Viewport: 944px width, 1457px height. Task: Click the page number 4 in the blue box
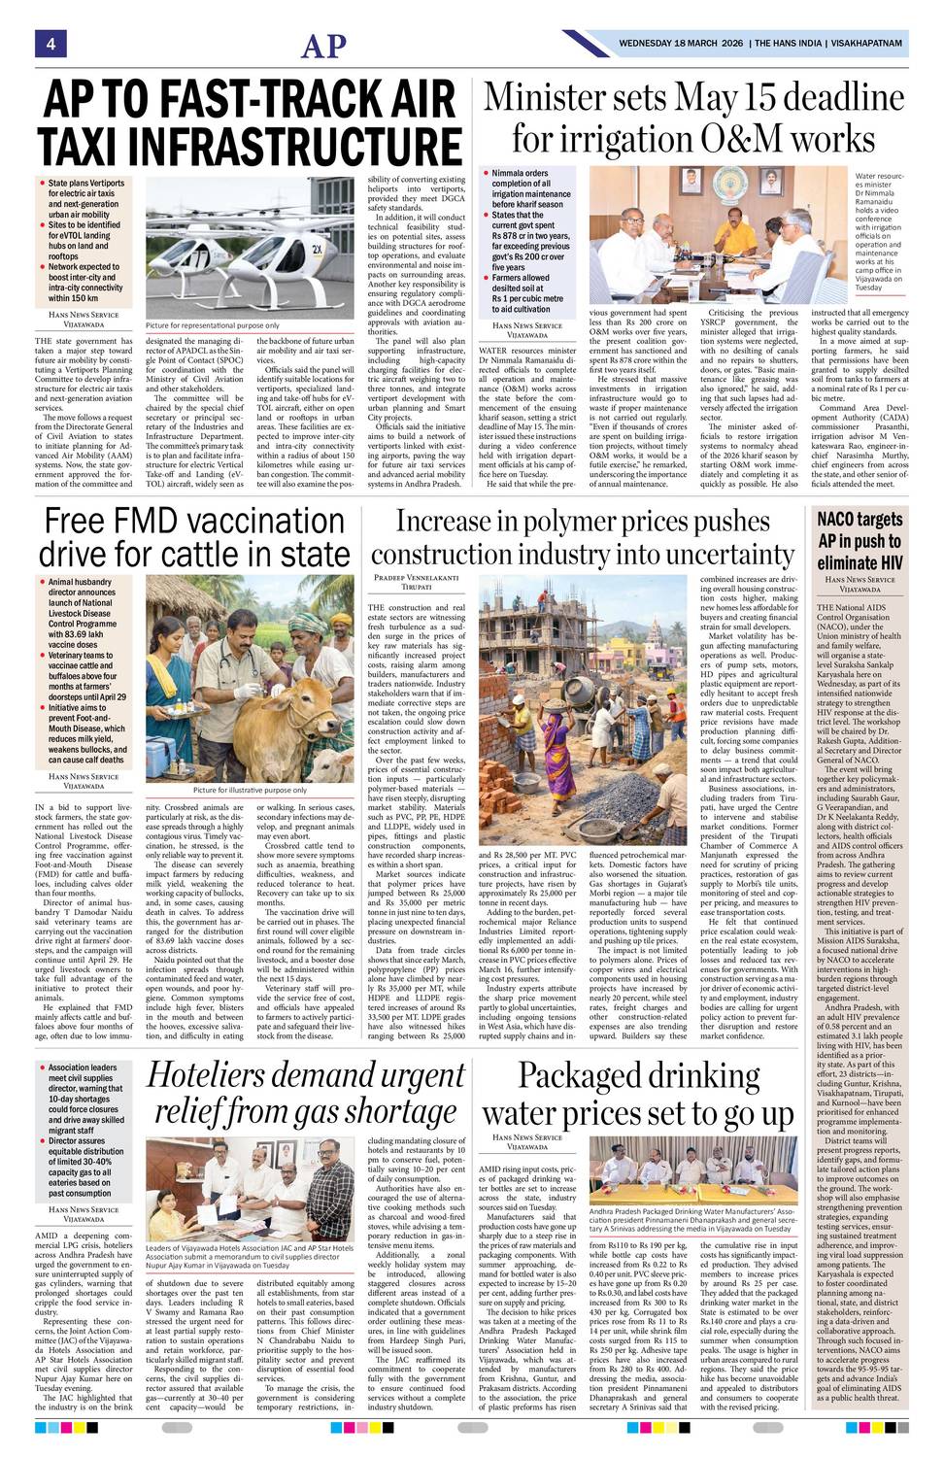coord(49,44)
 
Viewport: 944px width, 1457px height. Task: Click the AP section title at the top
coord(323,47)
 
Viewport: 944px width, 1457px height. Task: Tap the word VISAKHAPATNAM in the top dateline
coord(864,44)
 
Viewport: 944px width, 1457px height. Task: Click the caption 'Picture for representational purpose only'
coord(212,325)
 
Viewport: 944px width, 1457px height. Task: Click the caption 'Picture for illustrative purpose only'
coord(250,790)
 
